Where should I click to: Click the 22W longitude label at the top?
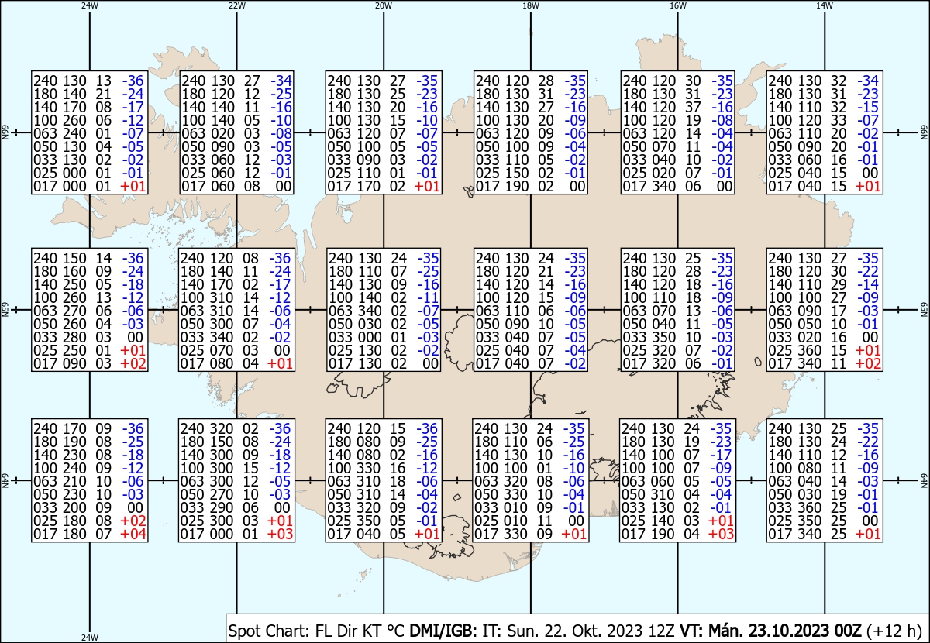tap(236, 5)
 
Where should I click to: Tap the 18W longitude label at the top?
tap(531, 5)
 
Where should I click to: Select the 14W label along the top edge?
tap(825, 5)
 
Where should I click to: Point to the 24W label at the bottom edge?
tap(90, 637)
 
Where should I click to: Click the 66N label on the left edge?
tap(5, 132)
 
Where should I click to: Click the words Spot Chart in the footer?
tap(269, 631)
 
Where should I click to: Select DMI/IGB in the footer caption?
tap(443, 631)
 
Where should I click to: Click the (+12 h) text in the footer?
tap(894, 631)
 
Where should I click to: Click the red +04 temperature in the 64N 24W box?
tap(133, 534)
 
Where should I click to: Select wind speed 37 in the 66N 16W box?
tap(693, 107)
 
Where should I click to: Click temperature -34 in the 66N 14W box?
tap(868, 81)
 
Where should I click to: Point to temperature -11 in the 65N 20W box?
tap(428, 297)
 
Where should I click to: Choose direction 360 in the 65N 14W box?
tap(810, 350)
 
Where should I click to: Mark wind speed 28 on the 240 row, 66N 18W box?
tap(546, 81)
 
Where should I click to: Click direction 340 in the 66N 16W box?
tap(664, 186)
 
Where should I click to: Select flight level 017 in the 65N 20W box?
tap(340, 363)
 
